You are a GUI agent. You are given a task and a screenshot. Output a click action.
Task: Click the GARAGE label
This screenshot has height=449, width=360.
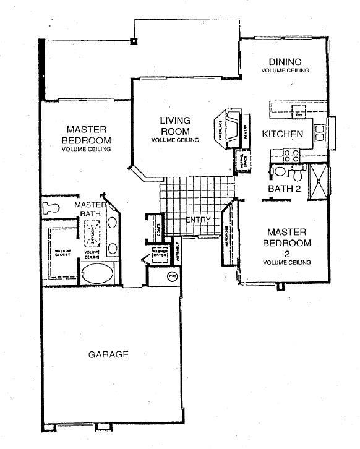(x=108, y=354)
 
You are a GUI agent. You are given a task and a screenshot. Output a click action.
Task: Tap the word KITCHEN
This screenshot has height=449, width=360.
(x=282, y=134)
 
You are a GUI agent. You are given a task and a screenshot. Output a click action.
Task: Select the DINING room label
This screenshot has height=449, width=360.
(x=285, y=62)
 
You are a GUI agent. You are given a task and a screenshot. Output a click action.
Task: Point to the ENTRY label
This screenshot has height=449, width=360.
(x=198, y=220)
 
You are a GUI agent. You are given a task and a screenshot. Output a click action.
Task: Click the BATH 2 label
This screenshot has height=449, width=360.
(x=284, y=188)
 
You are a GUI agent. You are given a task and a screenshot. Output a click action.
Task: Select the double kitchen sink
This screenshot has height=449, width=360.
(x=320, y=132)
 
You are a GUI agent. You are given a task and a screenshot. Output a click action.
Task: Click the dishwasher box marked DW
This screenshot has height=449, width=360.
(x=298, y=115)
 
